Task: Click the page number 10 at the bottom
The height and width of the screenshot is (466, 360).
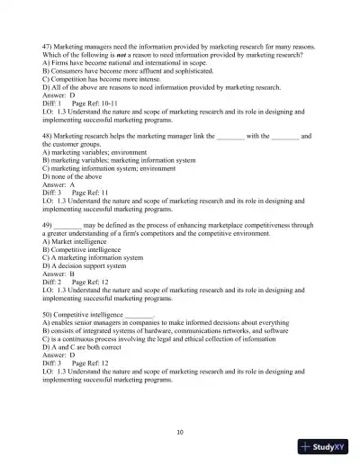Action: pyautogui.click(x=180, y=432)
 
